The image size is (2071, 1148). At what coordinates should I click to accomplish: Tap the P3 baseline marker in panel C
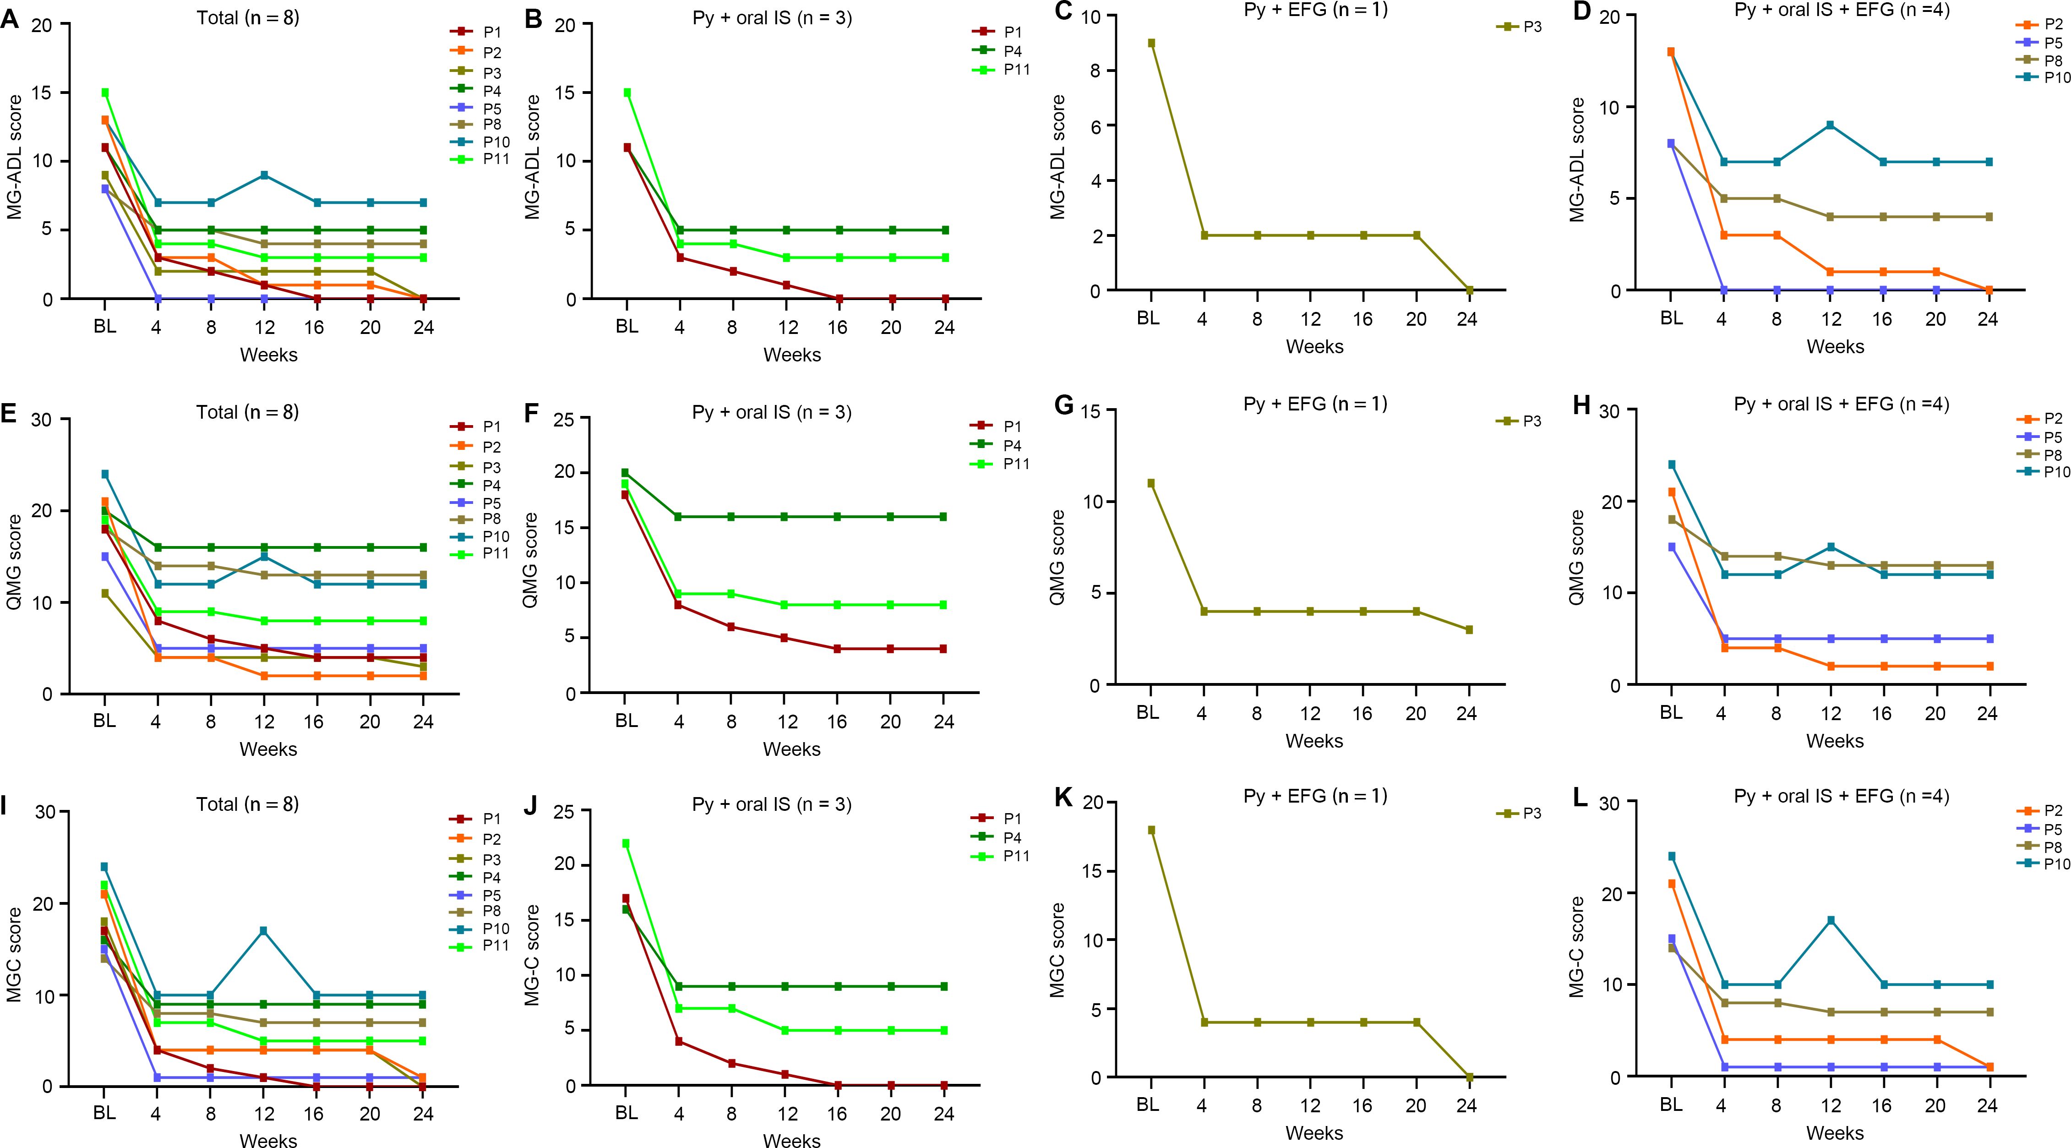pyautogui.click(x=1151, y=44)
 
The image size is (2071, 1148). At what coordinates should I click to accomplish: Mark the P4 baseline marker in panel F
pyautogui.click(x=626, y=473)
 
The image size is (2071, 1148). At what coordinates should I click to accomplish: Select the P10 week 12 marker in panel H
pyautogui.click(x=1830, y=547)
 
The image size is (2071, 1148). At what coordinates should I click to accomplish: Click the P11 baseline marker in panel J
pyautogui.click(x=626, y=843)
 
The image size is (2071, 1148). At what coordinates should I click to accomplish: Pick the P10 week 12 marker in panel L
pyautogui.click(x=1830, y=920)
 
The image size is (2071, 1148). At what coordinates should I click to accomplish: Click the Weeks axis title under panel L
pyautogui.click(x=1835, y=1133)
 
